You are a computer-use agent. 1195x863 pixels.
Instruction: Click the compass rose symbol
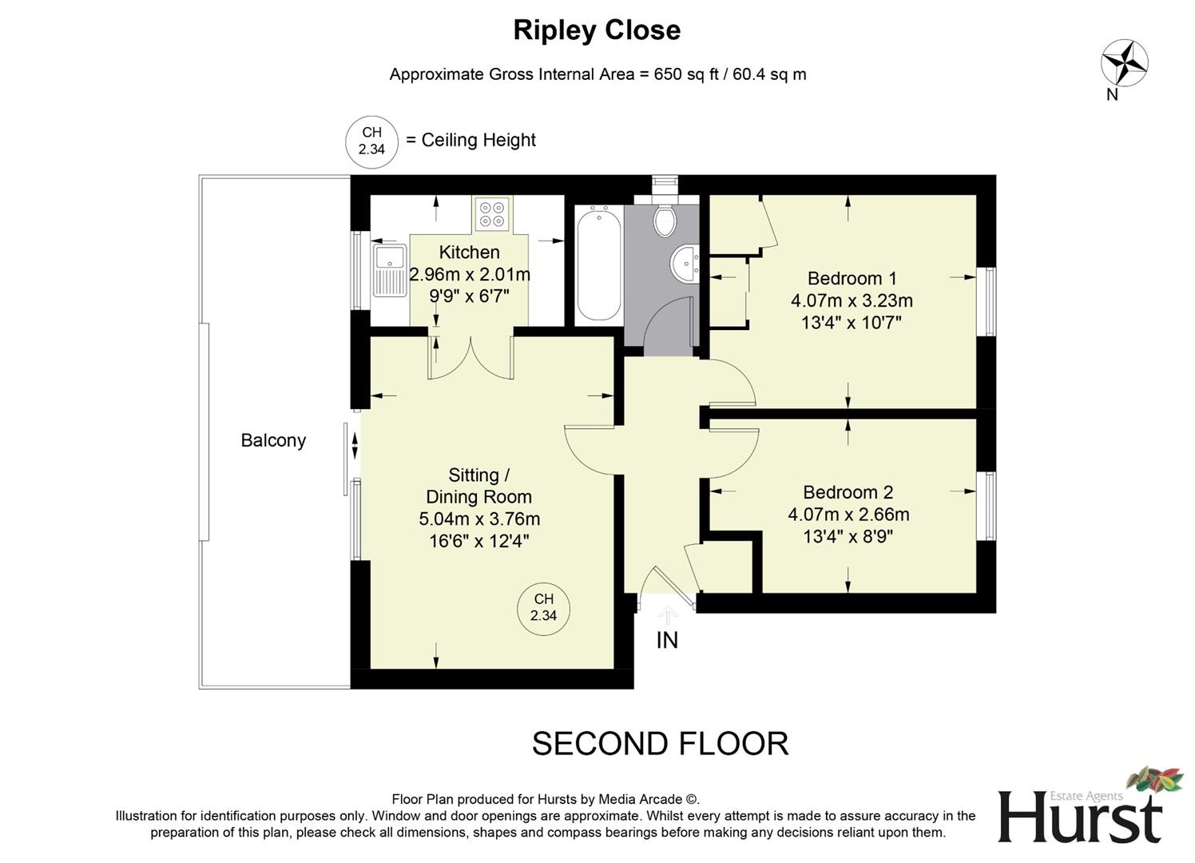point(1124,62)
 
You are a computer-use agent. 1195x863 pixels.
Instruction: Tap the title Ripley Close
point(597,30)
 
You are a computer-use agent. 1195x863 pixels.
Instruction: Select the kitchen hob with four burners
point(491,213)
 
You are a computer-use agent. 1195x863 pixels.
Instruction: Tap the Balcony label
point(273,440)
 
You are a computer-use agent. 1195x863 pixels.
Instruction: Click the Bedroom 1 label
point(852,278)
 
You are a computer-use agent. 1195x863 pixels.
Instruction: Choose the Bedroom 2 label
point(848,492)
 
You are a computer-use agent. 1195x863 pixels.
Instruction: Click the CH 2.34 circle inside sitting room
point(543,607)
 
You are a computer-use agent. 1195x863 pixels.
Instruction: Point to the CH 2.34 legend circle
point(371,141)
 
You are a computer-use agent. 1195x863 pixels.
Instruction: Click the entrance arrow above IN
point(667,614)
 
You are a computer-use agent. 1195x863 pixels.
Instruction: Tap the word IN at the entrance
point(667,640)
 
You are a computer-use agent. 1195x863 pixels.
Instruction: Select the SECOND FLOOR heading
point(660,744)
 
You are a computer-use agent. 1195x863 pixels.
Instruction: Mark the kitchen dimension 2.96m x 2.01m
point(470,275)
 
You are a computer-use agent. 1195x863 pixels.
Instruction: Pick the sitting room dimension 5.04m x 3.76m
point(479,519)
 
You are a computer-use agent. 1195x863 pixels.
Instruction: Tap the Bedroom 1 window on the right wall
point(990,301)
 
